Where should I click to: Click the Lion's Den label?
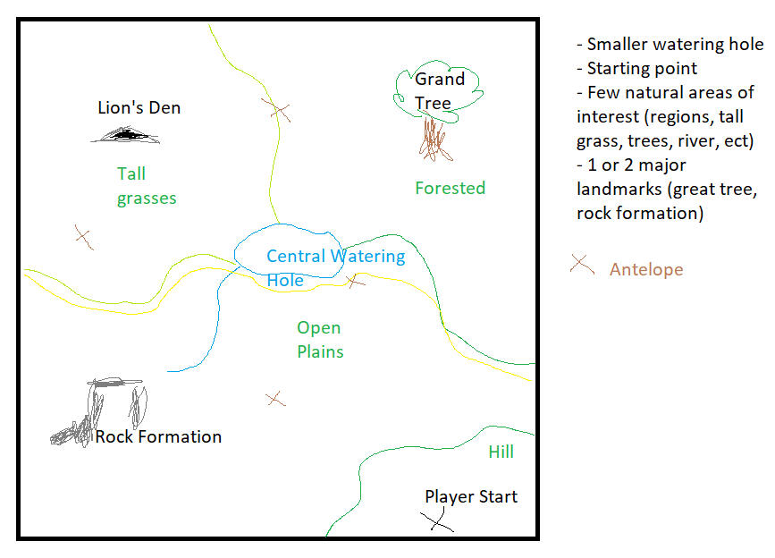[x=139, y=108]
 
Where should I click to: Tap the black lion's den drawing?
[x=125, y=136]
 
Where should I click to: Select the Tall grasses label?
[x=146, y=186]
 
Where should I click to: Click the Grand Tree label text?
[x=439, y=90]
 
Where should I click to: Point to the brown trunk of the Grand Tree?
[x=434, y=139]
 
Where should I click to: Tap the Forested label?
[x=450, y=188]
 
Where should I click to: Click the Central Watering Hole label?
[x=334, y=267]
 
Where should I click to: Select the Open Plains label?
[x=319, y=340]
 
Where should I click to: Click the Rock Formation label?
[x=158, y=436]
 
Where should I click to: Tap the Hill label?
[x=501, y=452]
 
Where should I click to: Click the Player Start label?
[x=470, y=496]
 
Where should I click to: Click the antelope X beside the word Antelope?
[x=582, y=265]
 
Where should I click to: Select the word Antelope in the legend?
[x=645, y=269]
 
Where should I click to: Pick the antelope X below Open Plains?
[x=275, y=398]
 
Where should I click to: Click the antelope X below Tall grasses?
[x=83, y=237]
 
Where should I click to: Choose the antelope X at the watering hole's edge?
[x=355, y=281]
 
